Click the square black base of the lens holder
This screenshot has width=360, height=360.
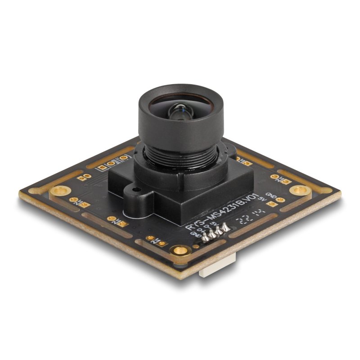[x=202, y=198]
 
